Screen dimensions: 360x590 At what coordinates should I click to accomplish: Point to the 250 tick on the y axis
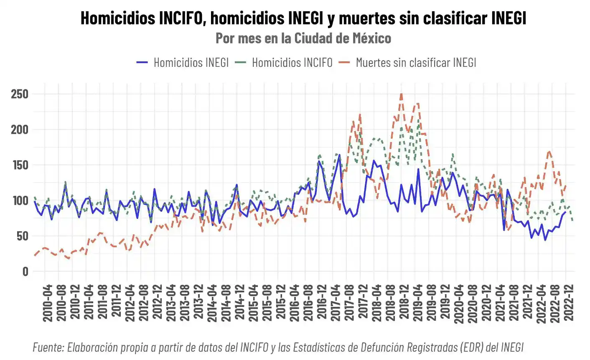(20, 94)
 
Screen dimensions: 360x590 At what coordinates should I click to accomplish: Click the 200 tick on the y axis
(20, 129)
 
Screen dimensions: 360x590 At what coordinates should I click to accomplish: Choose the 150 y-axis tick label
(20, 165)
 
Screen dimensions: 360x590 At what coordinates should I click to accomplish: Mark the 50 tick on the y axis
(23, 236)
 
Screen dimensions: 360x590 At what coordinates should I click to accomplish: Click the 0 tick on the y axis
(25, 271)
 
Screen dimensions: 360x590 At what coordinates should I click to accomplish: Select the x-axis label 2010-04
(48, 303)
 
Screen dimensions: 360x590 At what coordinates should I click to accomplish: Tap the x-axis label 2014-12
(240, 303)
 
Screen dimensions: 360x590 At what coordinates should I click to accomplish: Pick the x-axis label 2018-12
(404, 303)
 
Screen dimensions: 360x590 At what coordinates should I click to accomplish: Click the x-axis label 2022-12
(569, 303)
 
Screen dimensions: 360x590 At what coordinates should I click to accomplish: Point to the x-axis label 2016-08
(308, 303)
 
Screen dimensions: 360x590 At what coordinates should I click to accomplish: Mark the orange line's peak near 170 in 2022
(549, 151)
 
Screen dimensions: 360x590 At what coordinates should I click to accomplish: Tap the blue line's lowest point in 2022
(545, 240)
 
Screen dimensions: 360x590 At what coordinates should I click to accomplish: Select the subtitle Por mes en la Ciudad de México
(303, 38)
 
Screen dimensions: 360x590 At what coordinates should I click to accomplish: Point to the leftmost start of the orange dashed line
(35, 255)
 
